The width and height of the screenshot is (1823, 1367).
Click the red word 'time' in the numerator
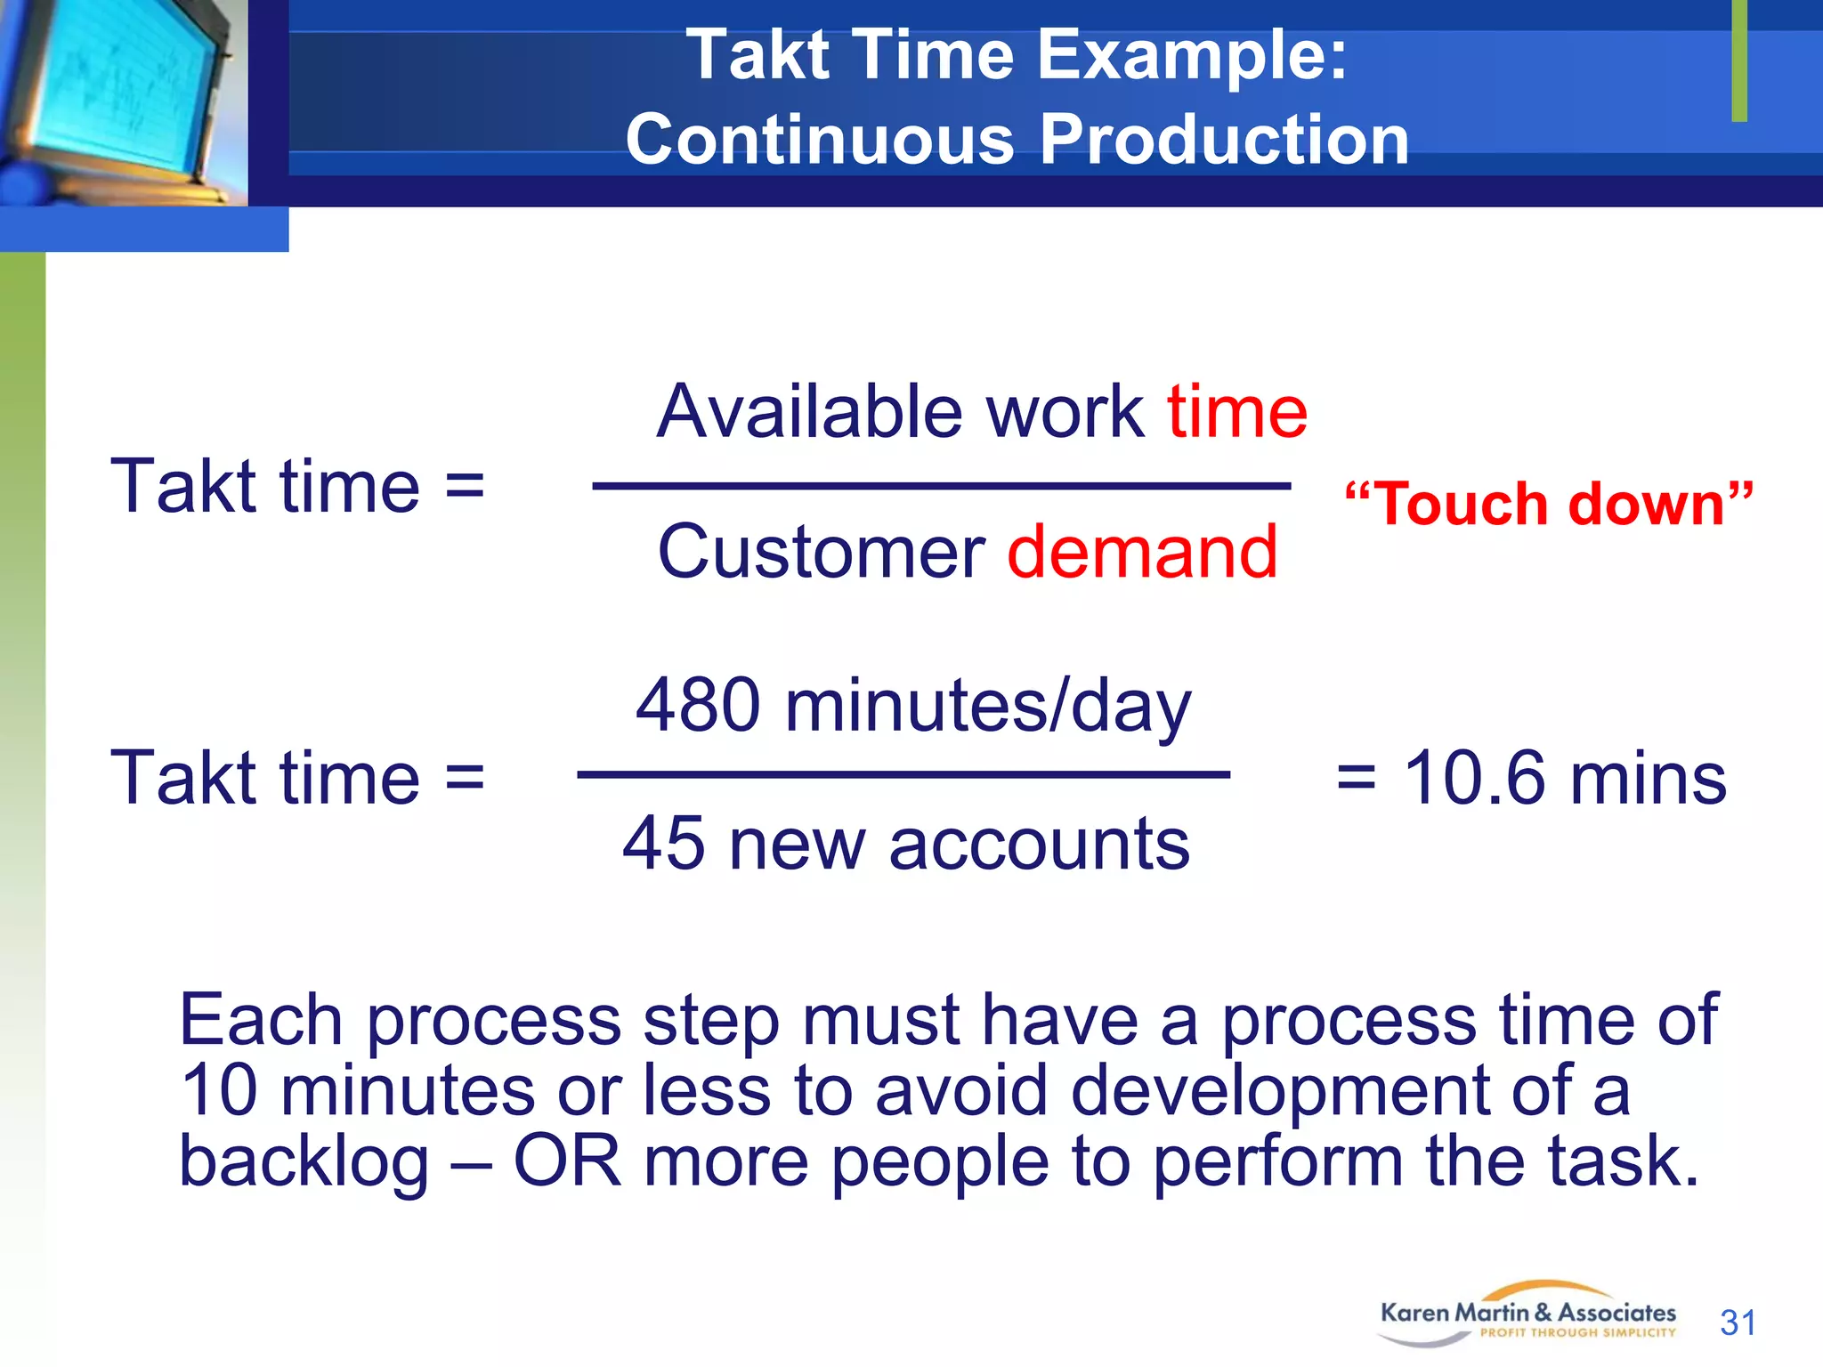coord(1236,412)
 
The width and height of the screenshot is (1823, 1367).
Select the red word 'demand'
coord(1142,553)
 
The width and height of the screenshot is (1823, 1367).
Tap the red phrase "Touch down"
coord(1548,505)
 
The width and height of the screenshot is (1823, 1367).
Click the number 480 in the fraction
coord(698,706)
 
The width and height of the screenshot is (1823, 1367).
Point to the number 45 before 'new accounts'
coord(663,844)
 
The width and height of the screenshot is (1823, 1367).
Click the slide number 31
coord(1738,1323)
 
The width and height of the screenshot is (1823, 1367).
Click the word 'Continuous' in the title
coord(819,140)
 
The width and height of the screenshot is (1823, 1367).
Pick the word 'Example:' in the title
coord(1192,55)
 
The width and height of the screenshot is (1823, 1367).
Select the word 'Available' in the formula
coord(809,412)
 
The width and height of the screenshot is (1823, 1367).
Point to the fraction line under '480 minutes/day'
coord(903,775)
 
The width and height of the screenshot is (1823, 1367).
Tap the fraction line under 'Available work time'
coord(941,486)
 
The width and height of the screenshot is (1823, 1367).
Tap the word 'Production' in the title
coord(1224,140)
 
